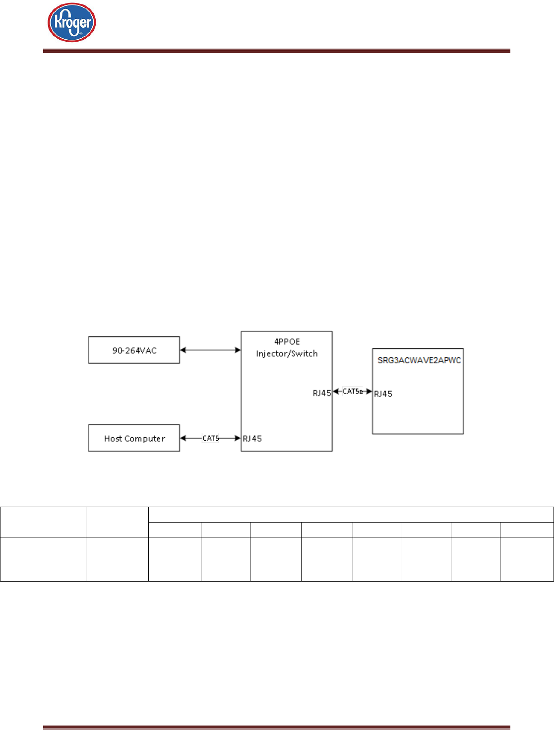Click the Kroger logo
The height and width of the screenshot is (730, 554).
(72, 23)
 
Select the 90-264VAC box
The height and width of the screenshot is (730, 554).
(134, 350)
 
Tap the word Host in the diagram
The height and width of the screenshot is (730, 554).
(113, 439)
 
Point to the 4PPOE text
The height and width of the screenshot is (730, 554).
(287, 341)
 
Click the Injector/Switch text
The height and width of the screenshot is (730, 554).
(287, 354)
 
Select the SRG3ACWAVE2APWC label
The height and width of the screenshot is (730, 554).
(419, 360)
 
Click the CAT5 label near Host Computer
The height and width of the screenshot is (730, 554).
(211, 438)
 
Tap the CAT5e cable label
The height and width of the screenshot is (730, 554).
(353, 392)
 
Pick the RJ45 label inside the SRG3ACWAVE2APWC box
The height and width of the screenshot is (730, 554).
(383, 394)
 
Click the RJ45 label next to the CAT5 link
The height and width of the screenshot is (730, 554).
(252, 439)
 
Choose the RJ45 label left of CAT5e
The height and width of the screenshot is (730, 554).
(322, 394)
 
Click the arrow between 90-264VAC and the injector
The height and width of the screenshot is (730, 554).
(210, 350)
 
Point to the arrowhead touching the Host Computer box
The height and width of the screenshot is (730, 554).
(183, 438)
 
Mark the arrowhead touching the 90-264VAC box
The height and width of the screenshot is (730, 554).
(183, 350)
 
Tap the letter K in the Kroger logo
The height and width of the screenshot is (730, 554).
(59, 23)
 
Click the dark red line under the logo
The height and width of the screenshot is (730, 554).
(277, 51)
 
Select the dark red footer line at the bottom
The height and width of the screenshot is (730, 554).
(277, 728)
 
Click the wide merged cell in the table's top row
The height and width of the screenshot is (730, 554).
(351, 514)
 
